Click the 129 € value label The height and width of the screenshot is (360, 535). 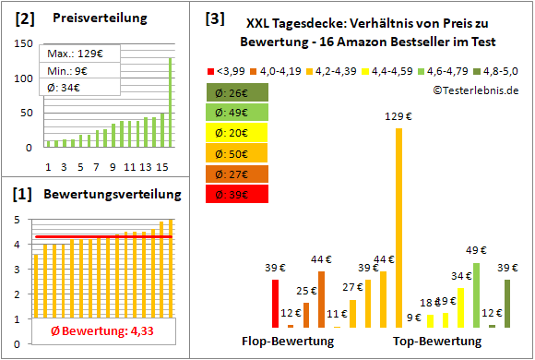tap(398, 115)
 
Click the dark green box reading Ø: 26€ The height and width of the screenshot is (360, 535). tap(237, 92)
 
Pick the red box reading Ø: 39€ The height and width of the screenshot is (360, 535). tap(237, 194)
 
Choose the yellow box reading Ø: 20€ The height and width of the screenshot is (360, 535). tap(237, 133)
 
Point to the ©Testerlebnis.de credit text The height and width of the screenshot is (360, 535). tap(474, 90)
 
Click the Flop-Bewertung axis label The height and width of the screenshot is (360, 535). tap(287, 341)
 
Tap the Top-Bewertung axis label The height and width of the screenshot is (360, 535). tap(437, 341)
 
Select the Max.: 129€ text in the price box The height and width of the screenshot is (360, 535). tap(71, 54)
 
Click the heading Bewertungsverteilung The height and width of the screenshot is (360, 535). tap(113, 194)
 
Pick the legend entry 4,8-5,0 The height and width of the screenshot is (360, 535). tap(498, 69)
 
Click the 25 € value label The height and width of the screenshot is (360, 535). tap(306, 291)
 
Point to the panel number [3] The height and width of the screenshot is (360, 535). tap(214, 18)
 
